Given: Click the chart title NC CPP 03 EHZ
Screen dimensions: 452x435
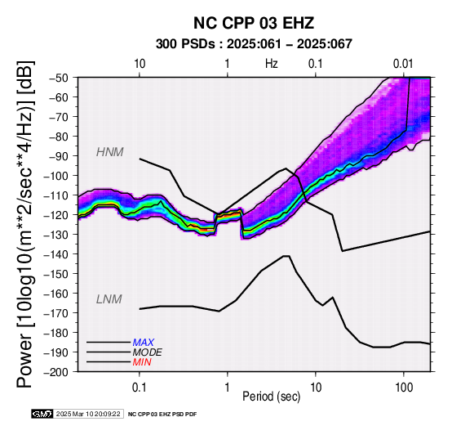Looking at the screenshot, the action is click(x=254, y=23).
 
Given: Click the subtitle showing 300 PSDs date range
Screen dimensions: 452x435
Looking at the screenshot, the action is click(x=254, y=44).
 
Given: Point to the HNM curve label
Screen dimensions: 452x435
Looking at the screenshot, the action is click(x=110, y=152).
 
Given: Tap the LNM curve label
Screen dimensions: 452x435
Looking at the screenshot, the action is click(x=109, y=299).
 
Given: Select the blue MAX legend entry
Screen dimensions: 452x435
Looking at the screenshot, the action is click(x=144, y=343).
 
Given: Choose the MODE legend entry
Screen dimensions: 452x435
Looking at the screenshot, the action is click(x=148, y=352).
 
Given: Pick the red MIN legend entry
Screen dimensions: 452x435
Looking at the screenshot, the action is click(x=142, y=362).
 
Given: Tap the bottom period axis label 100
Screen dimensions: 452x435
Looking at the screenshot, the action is click(x=404, y=388).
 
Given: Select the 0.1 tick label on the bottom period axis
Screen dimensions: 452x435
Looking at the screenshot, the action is click(x=140, y=388).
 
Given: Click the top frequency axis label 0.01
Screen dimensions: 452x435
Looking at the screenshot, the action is click(x=404, y=64).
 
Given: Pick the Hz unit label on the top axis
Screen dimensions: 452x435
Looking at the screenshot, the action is click(x=272, y=64).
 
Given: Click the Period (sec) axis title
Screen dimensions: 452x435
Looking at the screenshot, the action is click(x=272, y=397).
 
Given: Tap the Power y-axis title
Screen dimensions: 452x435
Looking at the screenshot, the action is click(x=25, y=224).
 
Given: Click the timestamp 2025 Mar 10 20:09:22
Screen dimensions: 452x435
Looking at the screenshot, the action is click(x=88, y=414).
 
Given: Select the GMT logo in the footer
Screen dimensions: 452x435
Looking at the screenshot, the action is click(x=42, y=414).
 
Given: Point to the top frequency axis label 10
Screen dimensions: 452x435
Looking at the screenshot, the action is click(x=140, y=64).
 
